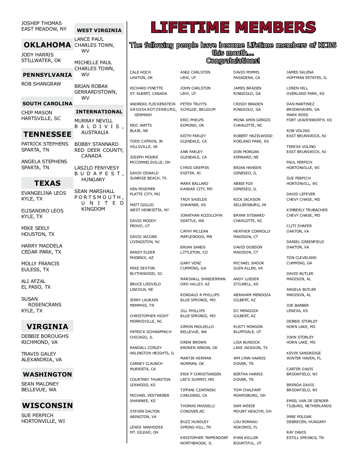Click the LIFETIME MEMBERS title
click(233, 27)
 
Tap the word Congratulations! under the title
click(233, 61)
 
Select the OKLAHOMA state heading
click(47, 45)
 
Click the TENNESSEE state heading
click(47, 134)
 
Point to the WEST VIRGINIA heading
click(99, 30)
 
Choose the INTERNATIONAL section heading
click(99, 112)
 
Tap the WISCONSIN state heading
click(47, 405)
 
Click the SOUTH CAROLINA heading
click(47, 104)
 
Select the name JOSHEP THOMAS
click(41, 23)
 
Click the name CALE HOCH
click(140, 72)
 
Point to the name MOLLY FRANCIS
click(40, 263)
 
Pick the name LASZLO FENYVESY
click(97, 168)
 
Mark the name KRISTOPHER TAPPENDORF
click(204, 438)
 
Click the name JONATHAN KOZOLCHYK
click(201, 215)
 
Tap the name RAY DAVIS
click(296, 432)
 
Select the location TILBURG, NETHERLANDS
click(309, 406)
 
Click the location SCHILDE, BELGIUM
click(198, 110)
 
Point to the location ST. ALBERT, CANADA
click(148, 94)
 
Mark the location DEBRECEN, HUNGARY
click(306, 422)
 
